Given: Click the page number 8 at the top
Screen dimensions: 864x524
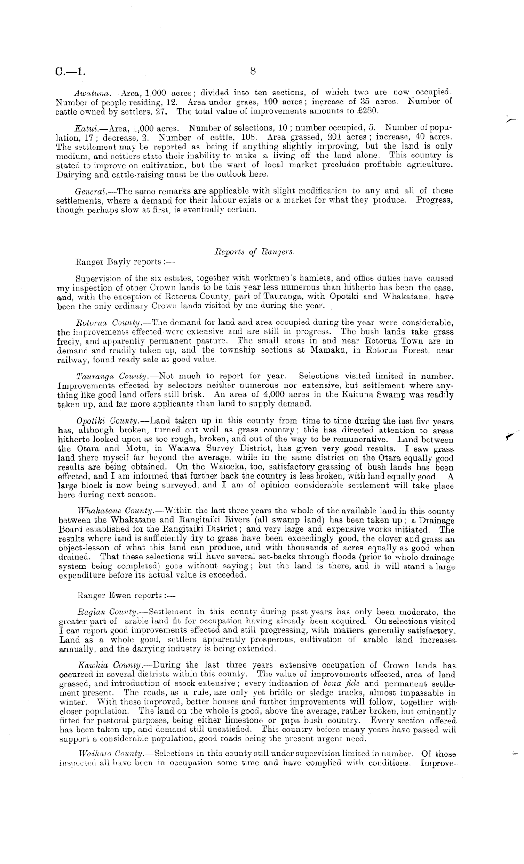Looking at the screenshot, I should tap(253, 71).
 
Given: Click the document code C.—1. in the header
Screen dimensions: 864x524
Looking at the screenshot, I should tap(71, 72).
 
